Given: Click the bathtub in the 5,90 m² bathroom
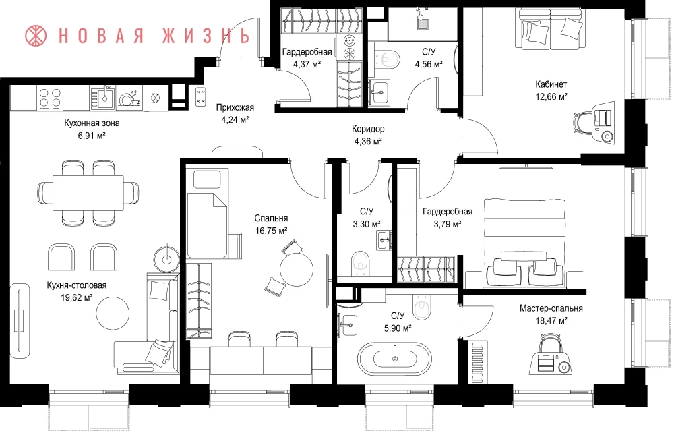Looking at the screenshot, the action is [394, 359].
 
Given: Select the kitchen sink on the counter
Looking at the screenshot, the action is [102, 97].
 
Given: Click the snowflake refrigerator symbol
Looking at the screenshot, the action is [155, 98].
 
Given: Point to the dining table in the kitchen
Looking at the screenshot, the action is [88, 192].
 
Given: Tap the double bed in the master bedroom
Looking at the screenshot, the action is [524, 243].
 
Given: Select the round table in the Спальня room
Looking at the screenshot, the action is [297, 269].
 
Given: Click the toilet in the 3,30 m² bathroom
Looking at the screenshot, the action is [360, 264].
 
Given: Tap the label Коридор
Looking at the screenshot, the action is [368, 129].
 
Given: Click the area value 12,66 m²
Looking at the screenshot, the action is [551, 97].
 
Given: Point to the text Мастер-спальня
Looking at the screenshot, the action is [551, 308].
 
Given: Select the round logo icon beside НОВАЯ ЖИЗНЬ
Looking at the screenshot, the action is [36, 36].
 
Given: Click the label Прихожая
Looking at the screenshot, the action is [235, 107].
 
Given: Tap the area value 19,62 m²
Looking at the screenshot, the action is [77, 297].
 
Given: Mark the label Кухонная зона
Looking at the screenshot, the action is [92, 123].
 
